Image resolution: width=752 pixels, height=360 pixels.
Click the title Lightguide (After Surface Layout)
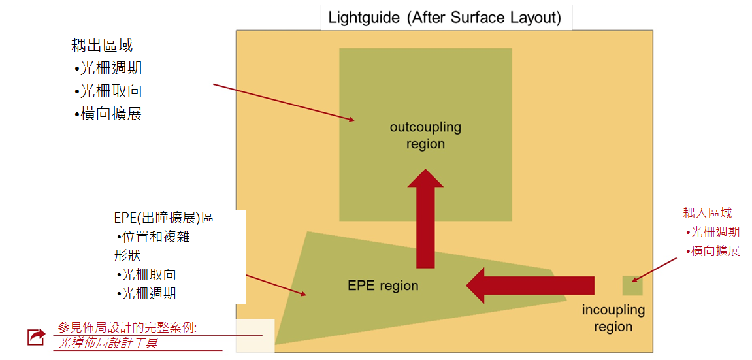click(444, 17)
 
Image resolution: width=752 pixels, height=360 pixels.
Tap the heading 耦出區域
click(102, 45)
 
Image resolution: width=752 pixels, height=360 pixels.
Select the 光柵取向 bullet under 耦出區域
click(109, 91)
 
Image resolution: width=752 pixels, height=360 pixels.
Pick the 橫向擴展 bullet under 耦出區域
click(109, 114)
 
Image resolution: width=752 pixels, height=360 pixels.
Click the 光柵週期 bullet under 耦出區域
click(109, 68)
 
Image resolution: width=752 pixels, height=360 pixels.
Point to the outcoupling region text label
click(425, 135)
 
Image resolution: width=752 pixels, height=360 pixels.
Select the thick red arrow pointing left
click(529, 286)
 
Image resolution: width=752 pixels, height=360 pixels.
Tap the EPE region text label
click(383, 286)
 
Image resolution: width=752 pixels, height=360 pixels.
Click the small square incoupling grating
click(632, 286)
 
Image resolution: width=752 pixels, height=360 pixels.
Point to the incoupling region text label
click(613, 318)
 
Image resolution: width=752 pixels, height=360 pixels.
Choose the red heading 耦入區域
click(708, 212)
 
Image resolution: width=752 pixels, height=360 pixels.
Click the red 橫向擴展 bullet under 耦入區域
click(714, 251)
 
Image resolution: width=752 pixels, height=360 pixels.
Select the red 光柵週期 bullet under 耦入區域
click(714, 232)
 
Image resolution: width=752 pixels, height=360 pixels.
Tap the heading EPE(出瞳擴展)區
click(163, 218)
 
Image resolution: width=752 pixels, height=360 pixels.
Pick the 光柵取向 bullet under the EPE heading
click(148, 274)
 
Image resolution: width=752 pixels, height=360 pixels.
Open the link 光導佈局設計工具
click(108, 343)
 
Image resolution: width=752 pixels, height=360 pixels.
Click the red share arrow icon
click(35, 336)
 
